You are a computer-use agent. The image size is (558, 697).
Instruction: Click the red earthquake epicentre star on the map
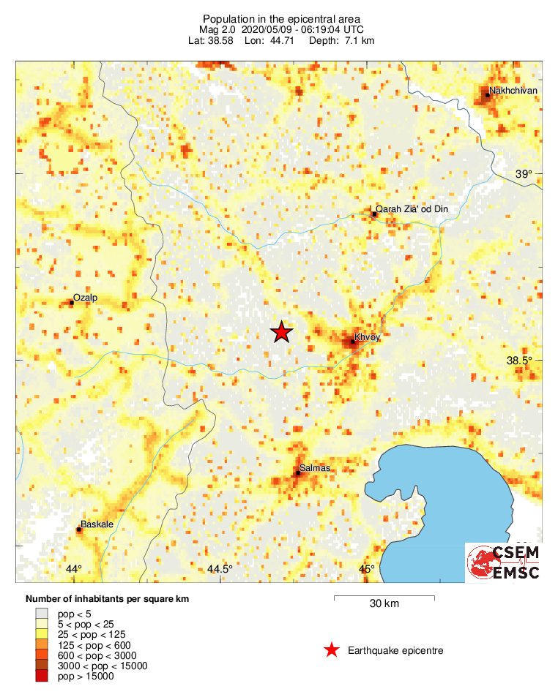pyautogui.click(x=282, y=332)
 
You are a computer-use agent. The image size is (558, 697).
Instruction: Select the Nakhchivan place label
pyautogui.click(x=513, y=91)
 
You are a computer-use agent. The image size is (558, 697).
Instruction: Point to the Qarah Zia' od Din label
pyautogui.click(x=411, y=209)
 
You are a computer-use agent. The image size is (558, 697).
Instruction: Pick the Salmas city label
pyautogui.click(x=316, y=467)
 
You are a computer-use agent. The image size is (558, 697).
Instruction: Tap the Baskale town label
pyautogui.click(x=96, y=524)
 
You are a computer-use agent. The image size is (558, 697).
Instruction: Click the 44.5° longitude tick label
pyautogui.click(x=220, y=570)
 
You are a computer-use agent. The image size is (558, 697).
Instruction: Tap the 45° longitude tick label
pyautogui.click(x=367, y=570)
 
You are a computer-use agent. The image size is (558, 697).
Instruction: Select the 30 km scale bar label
pyautogui.click(x=384, y=604)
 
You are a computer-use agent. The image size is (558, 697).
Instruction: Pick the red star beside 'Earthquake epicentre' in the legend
pyautogui.click(x=332, y=650)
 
